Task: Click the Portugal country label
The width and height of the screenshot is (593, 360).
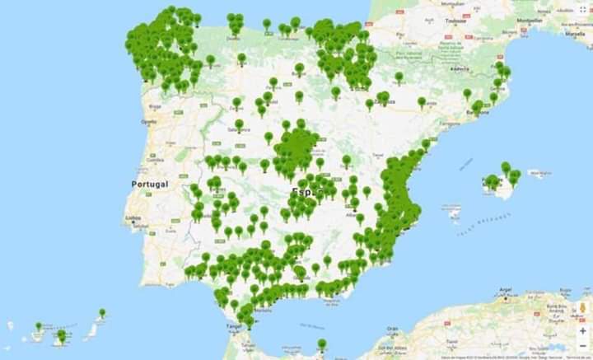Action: (x=150, y=184)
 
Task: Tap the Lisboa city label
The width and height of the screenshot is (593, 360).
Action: (x=133, y=218)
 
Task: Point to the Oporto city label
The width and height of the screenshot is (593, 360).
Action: (x=149, y=121)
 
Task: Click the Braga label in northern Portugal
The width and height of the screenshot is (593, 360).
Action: (x=154, y=106)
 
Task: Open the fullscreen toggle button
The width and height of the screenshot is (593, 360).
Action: (x=582, y=10)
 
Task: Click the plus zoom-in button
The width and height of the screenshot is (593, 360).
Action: (x=582, y=330)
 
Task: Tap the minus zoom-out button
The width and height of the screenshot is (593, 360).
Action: (x=582, y=346)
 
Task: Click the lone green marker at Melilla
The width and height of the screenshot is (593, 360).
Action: (x=322, y=344)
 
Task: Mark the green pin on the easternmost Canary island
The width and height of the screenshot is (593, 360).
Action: (x=101, y=313)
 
